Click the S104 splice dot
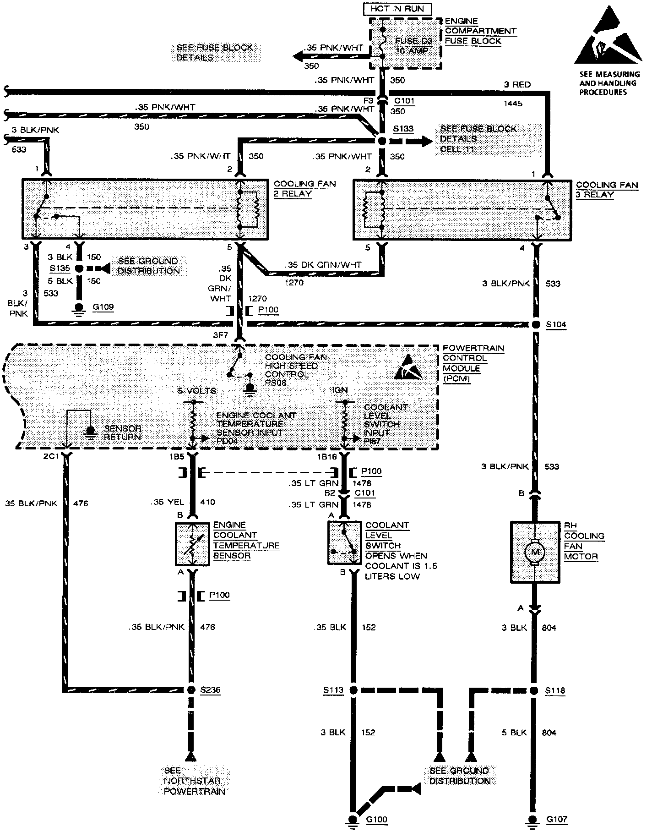[536, 324]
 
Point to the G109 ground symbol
[79, 308]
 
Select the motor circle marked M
[534, 551]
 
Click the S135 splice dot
[79, 269]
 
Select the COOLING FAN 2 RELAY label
[304, 188]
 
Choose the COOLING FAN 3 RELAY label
[607, 190]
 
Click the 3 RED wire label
[517, 84]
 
